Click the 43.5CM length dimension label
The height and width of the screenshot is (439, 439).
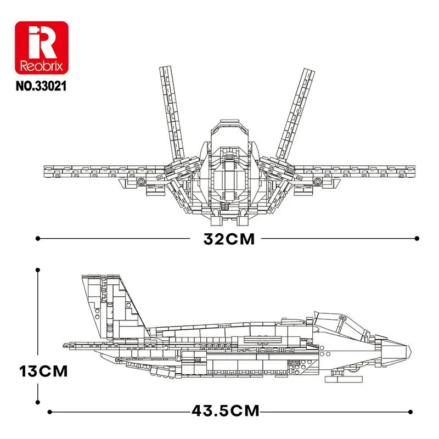pyautogui.click(x=226, y=410)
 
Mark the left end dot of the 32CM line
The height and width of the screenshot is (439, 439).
pyautogui.click(x=37, y=239)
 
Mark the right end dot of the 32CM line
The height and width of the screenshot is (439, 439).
pyautogui.click(x=417, y=239)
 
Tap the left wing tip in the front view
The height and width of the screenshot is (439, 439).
pyautogui.click(x=47, y=172)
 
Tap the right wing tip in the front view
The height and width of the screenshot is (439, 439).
pyautogui.click(x=409, y=172)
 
